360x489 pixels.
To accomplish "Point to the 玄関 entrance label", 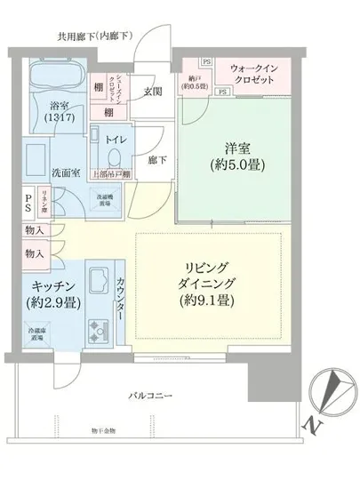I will (x=153, y=92).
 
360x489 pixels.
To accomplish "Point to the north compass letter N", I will (x=315, y=426).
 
